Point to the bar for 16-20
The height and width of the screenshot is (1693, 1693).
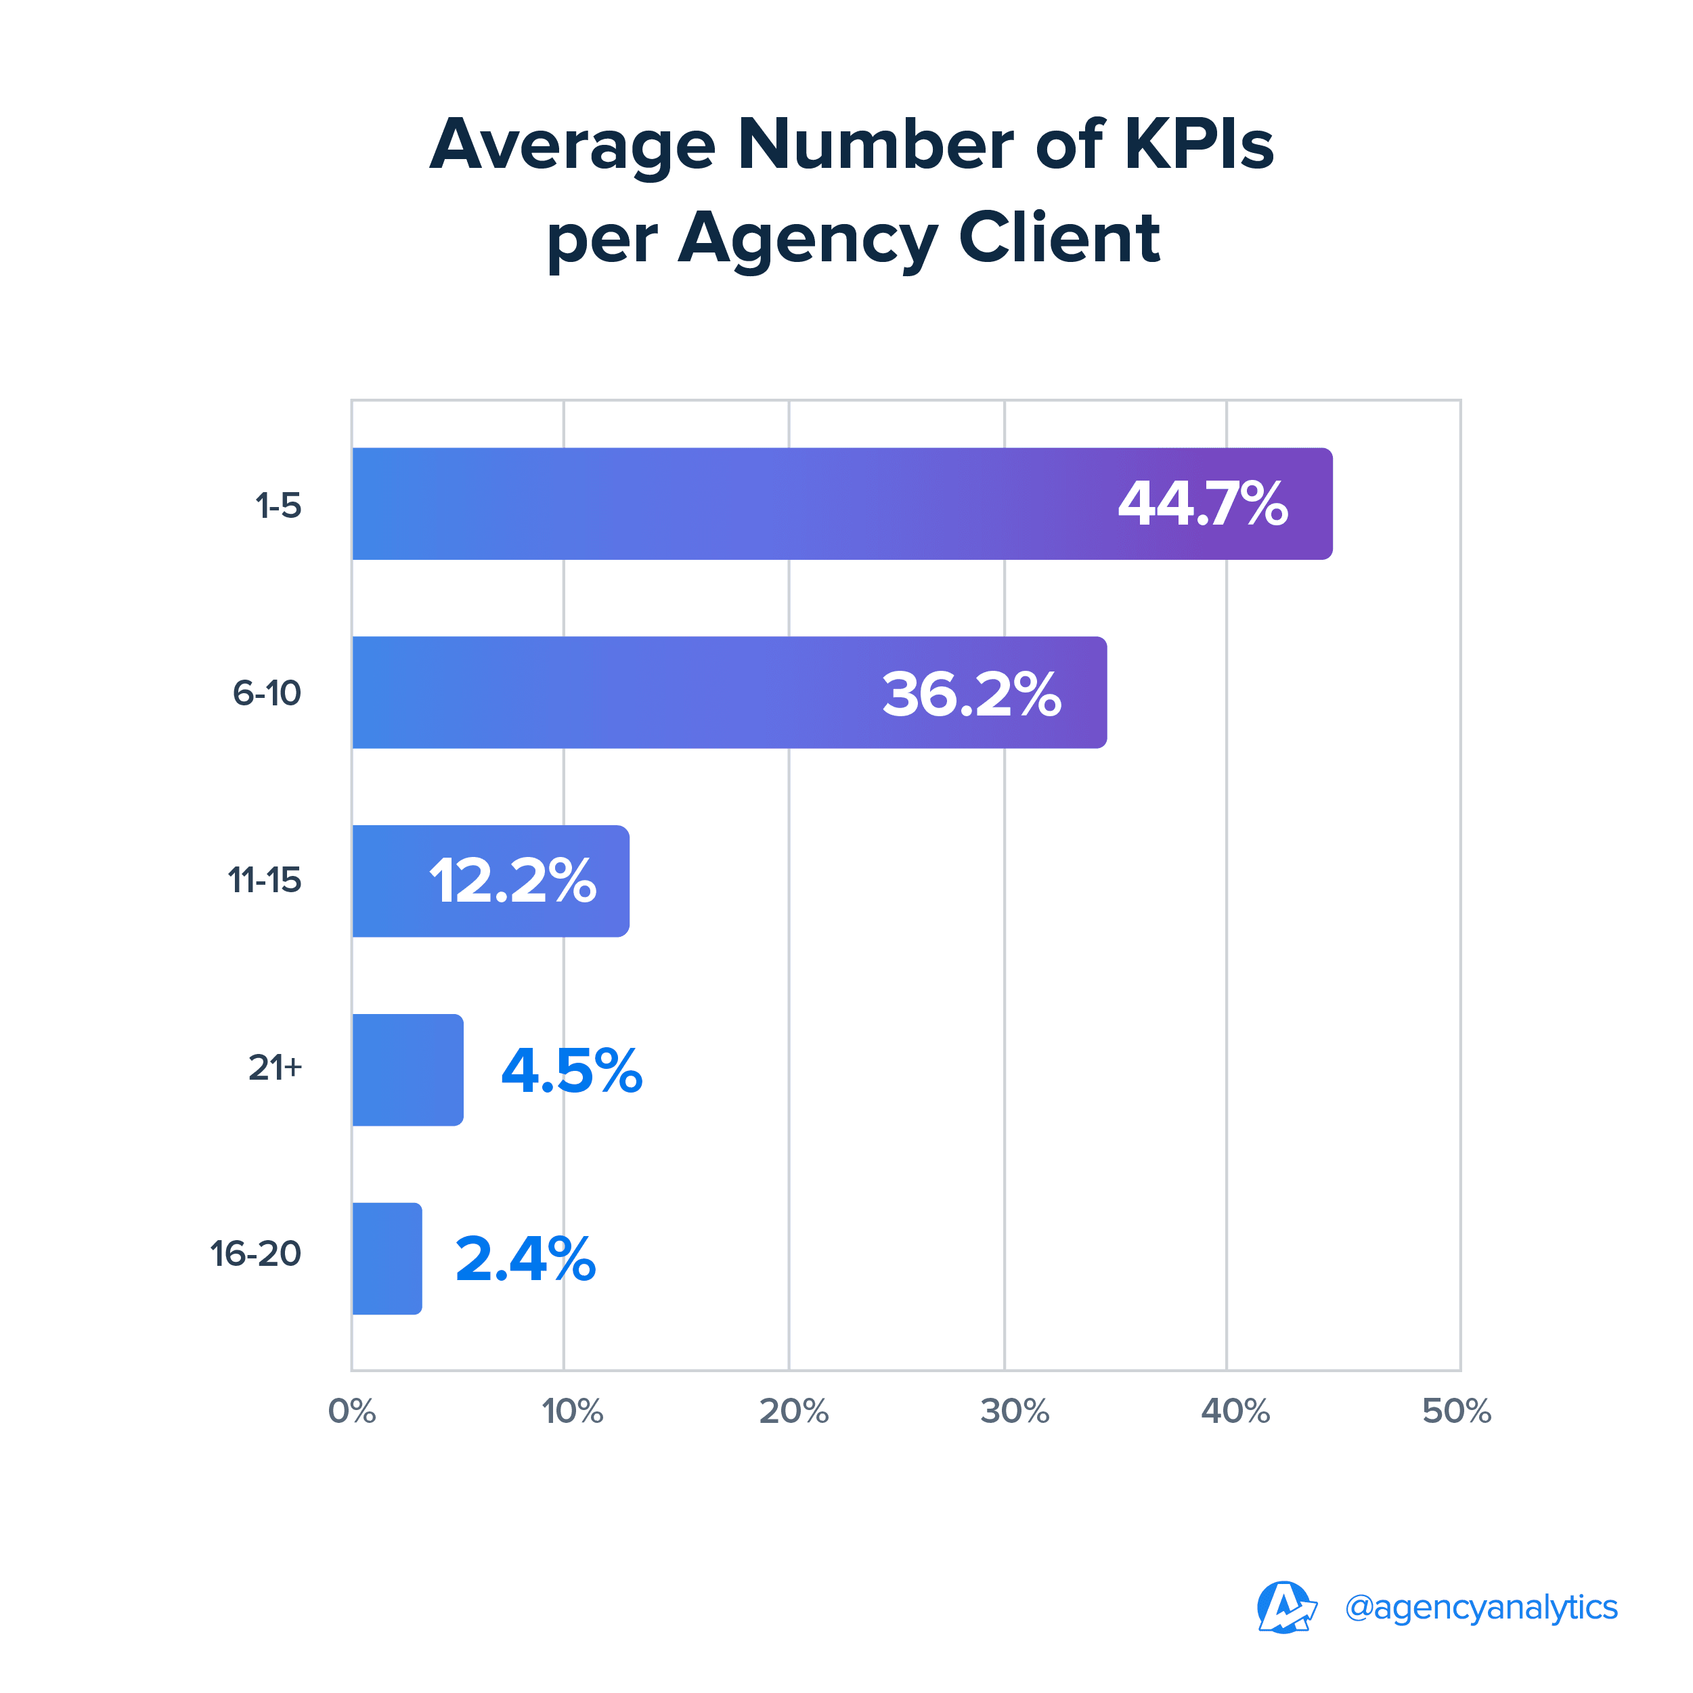click(387, 1258)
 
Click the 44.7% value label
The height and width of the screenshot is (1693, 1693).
click(1202, 504)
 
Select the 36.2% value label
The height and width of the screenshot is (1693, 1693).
click(971, 694)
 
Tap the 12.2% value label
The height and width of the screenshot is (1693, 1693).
click(512, 881)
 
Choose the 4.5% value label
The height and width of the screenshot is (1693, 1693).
click(571, 1070)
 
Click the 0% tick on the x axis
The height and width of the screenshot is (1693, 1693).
click(352, 1411)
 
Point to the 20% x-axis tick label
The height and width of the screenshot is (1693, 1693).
click(793, 1411)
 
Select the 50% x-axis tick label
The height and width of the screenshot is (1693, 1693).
click(1456, 1411)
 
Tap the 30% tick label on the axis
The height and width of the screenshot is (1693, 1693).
click(1015, 1411)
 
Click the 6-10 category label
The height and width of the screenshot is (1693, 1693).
click(267, 693)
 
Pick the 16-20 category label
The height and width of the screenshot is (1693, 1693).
click(256, 1254)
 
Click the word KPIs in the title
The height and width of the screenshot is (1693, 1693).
click(1199, 145)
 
